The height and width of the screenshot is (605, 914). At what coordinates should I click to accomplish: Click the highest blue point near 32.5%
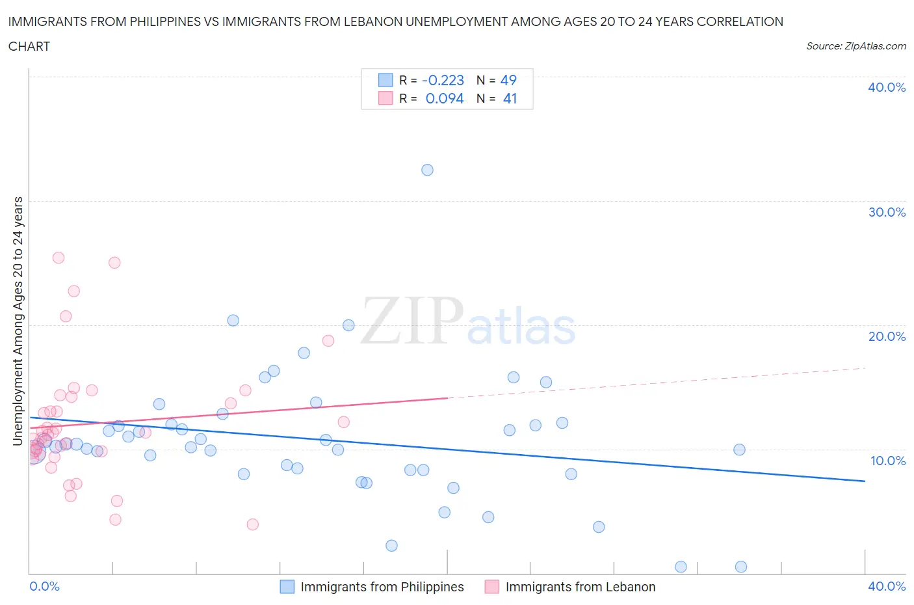427,170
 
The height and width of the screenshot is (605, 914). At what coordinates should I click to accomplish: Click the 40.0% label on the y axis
886,87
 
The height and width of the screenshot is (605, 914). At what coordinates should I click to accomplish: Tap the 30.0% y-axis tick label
886,212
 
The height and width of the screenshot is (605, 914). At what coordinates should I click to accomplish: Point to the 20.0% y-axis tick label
886,336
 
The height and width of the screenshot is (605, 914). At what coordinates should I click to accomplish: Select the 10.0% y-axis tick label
887,461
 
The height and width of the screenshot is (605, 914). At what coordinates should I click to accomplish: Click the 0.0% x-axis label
44,586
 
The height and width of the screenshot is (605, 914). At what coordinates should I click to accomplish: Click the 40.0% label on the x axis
886,586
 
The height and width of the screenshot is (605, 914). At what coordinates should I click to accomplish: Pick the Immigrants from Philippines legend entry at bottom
382,587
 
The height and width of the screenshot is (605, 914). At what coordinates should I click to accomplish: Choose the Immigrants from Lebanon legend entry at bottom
580,587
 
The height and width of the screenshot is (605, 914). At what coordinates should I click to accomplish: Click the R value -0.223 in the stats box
443,80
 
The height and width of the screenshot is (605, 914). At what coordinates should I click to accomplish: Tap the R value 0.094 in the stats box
445,98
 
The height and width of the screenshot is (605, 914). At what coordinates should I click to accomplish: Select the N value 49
508,80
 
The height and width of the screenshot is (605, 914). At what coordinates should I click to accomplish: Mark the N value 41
510,98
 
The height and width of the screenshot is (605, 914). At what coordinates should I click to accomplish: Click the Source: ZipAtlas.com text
855,46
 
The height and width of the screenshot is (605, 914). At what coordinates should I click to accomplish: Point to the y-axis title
18,321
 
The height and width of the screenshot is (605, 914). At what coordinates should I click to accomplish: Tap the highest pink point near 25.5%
58,258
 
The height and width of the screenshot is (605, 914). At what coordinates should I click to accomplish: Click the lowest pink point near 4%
253,524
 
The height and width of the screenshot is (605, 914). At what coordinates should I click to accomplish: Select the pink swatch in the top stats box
385,98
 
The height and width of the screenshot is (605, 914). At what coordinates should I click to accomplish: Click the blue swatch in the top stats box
385,80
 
